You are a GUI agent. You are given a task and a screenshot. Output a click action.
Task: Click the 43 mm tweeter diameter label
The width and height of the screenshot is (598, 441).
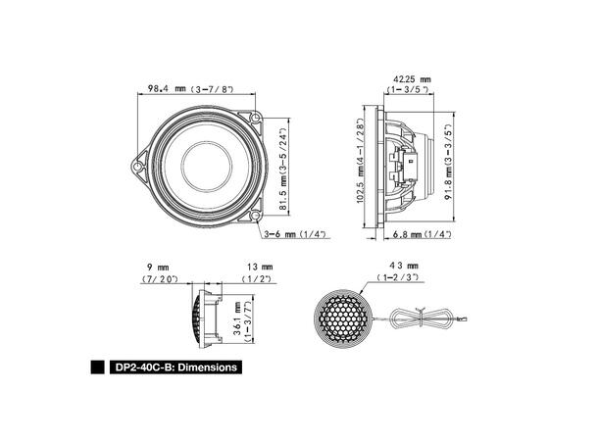click(404, 266)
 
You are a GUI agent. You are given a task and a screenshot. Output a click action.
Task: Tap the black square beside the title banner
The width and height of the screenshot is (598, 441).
click(97, 368)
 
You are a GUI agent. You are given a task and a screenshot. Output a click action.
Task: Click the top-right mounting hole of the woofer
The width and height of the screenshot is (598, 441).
click(255, 120)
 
